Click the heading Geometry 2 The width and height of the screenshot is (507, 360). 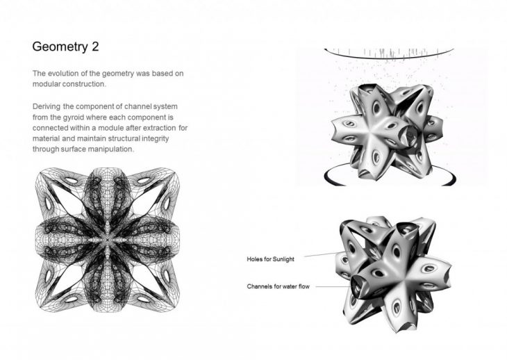[65, 47]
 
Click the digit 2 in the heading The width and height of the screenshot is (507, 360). [95, 47]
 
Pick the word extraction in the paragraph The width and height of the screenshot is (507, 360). [160, 128]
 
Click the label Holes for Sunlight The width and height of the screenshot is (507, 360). [271, 259]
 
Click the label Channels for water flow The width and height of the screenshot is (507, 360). [278, 286]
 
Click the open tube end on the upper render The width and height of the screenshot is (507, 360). [409, 136]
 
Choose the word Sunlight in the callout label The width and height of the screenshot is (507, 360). [283, 259]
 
